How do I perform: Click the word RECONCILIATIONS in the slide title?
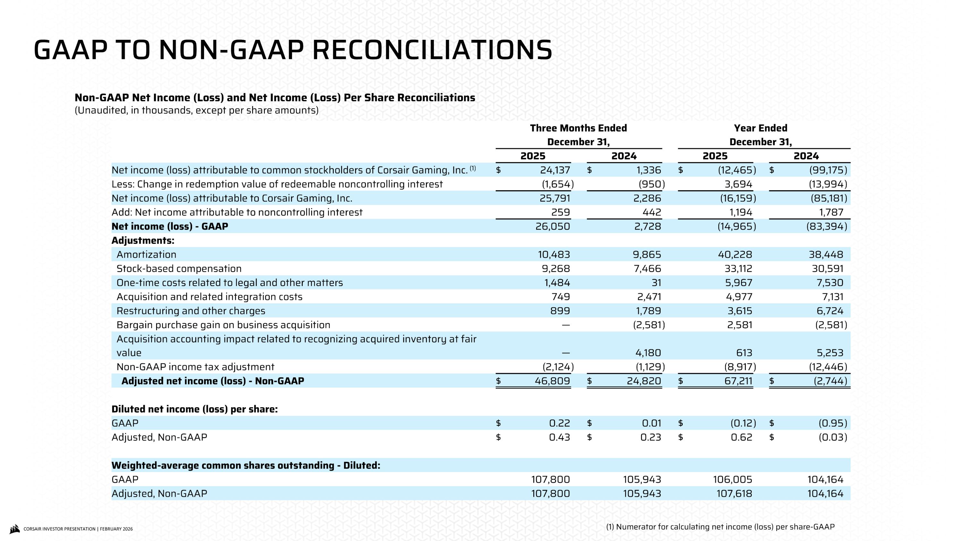(x=432, y=50)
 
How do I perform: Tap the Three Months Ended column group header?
(x=578, y=128)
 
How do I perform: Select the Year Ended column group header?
(x=760, y=128)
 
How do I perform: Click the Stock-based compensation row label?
(x=179, y=269)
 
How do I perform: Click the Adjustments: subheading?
(x=143, y=241)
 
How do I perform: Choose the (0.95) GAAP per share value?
(x=832, y=423)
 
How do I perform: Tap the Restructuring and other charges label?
(x=190, y=311)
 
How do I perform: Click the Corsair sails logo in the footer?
(x=14, y=529)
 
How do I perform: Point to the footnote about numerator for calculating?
(x=720, y=527)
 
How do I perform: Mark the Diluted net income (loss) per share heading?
(x=194, y=409)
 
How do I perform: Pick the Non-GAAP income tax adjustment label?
(x=195, y=367)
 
